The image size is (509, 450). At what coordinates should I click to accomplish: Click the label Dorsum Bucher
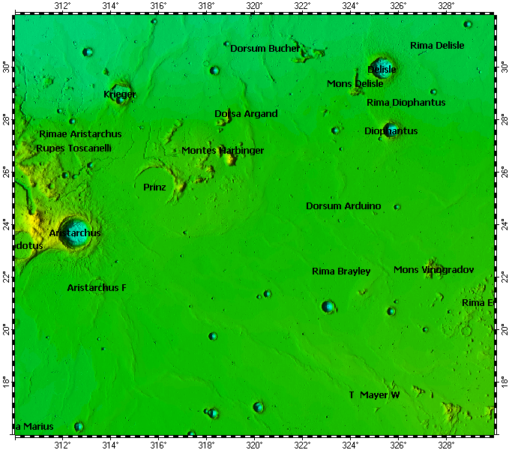click(x=265, y=48)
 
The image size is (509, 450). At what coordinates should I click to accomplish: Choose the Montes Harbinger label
click(x=223, y=151)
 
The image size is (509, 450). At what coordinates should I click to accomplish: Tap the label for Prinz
click(x=154, y=187)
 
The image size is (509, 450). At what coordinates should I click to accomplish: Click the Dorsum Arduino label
click(x=343, y=205)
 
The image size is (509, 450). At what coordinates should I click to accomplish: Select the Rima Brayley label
click(x=341, y=271)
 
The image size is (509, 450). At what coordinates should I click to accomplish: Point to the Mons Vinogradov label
click(x=433, y=269)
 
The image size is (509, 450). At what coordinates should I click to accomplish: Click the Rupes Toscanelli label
click(x=73, y=148)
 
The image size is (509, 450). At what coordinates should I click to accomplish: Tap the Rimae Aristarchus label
click(x=80, y=134)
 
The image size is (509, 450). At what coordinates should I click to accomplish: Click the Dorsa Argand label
click(x=246, y=114)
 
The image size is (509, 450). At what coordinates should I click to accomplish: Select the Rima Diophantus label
click(x=406, y=102)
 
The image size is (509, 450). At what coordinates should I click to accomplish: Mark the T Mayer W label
click(x=374, y=394)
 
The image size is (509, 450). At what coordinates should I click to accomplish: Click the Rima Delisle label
click(x=437, y=46)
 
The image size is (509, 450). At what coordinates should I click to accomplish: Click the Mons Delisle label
click(x=355, y=83)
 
